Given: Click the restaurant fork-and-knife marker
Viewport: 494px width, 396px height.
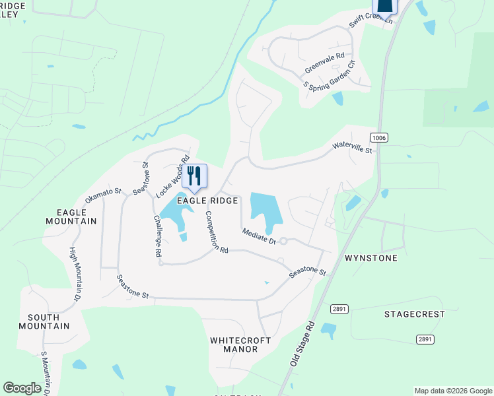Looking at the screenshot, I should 194,175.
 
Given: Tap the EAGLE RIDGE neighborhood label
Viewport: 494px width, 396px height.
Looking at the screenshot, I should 205,200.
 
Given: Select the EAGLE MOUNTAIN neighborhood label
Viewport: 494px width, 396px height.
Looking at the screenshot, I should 77,216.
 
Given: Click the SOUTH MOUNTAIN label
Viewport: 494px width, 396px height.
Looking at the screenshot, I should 44,321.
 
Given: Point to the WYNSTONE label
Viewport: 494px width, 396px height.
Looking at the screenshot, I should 371,258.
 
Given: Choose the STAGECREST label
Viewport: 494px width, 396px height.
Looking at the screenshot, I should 415,314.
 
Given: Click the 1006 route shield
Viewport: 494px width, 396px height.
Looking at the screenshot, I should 378,137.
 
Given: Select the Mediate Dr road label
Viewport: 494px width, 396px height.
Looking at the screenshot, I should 259,236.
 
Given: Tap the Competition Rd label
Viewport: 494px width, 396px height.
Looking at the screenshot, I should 216,232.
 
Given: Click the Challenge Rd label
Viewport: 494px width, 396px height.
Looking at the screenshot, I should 158,235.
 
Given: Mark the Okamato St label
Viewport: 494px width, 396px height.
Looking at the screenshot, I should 104,196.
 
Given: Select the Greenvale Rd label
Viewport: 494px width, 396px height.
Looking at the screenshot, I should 325,63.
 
